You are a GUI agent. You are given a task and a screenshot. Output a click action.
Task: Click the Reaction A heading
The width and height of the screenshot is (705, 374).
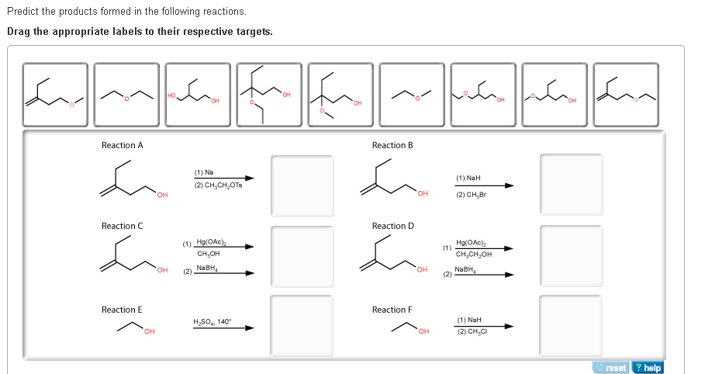coord(123,145)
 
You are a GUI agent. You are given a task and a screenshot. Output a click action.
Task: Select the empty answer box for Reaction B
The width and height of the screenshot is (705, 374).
coord(571,185)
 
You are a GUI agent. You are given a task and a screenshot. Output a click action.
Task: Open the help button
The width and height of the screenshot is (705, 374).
coord(648,368)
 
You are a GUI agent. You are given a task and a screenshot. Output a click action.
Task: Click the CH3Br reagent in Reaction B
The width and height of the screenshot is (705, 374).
coord(472,194)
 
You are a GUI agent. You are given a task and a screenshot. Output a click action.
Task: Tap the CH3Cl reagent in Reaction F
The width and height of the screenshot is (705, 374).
coord(472,331)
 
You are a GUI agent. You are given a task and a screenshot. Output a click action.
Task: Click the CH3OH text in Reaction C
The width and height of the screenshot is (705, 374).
coord(209,253)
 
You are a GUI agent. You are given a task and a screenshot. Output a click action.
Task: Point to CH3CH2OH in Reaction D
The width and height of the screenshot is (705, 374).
coord(475,254)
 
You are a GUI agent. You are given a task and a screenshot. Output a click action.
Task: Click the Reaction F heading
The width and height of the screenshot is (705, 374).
coord(392,310)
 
